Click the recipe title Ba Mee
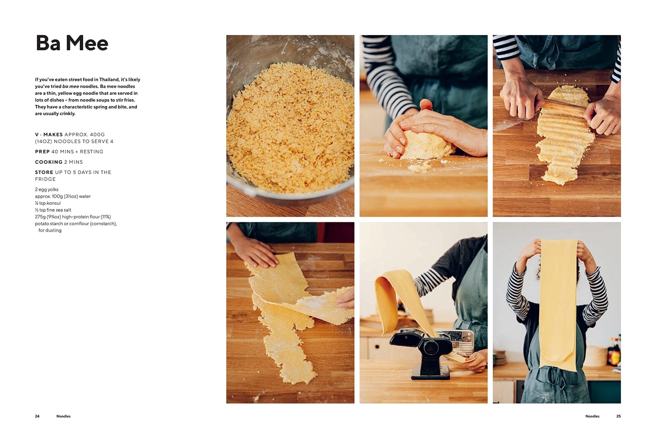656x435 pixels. (72, 43)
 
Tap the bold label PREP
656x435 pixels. (42, 152)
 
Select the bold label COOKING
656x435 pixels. (49, 162)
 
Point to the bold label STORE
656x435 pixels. (44, 172)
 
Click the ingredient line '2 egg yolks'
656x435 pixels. (47, 189)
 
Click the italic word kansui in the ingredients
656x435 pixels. (53, 203)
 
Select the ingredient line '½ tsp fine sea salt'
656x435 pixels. (53, 210)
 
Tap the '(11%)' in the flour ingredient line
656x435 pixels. (106, 217)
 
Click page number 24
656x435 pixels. (37, 416)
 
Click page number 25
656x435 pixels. (618, 416)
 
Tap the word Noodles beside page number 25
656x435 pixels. (592, 416)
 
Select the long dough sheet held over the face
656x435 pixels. (558, 304)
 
